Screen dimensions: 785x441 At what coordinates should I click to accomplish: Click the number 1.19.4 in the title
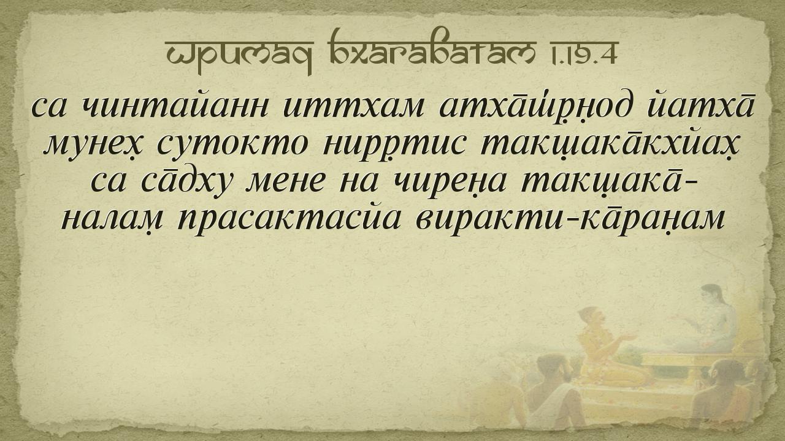point(583,53)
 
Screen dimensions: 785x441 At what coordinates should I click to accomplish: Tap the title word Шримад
point(239,55)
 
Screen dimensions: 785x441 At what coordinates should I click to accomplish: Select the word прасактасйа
point(288,221)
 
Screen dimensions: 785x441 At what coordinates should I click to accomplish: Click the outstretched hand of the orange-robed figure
point(629,337)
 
